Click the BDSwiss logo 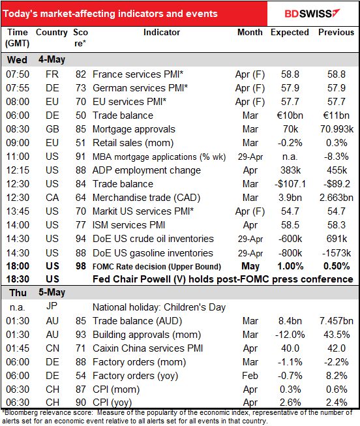click(312, 13)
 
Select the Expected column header click(290, 33)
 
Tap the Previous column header click(336, 33)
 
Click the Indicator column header click(162, 33)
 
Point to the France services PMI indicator click(138, 74)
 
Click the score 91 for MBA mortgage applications click(81, 157)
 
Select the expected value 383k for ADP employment click(290, 170)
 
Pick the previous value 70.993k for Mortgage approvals click(337, 129)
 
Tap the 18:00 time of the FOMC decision click(18, 266)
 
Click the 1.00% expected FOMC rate click(290, 266)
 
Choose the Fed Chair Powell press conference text click(223, 279)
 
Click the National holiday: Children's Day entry click(159, 307)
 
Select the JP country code click(52, 307)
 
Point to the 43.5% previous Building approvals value click(337, 335)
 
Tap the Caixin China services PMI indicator click(148, 348)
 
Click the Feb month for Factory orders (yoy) click(250, 376)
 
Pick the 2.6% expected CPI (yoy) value click(290, 403)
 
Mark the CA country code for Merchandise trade click(52, 198)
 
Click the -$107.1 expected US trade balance click(290, 184)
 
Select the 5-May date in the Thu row click(52, 293)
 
